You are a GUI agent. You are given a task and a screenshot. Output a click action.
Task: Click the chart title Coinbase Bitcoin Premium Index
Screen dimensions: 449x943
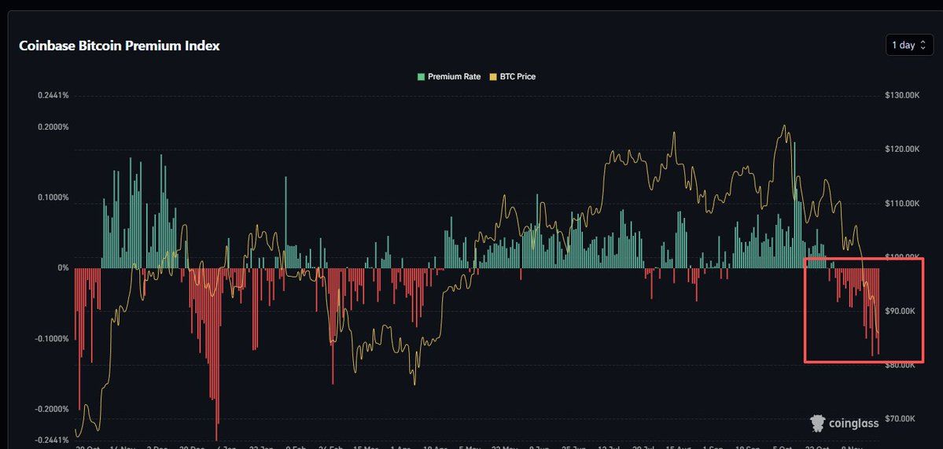point(119,46)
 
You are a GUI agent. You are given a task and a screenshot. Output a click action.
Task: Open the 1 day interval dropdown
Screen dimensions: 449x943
point(908,45)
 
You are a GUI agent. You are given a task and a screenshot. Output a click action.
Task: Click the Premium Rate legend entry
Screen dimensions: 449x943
point(449,77)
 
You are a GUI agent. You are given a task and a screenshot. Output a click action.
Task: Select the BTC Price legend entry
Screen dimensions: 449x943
point(513,77)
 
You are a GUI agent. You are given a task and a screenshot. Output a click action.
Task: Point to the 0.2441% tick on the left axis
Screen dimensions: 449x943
point(53,95)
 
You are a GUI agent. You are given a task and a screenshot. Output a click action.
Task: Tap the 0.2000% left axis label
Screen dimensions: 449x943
point(53,127)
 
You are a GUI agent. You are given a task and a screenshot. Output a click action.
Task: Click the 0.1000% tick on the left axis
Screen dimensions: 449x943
point(53,197)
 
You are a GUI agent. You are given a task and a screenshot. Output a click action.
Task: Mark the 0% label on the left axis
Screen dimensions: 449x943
point(63,268)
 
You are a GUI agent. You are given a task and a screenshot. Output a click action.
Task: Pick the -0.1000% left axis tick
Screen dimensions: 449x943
point(52,339)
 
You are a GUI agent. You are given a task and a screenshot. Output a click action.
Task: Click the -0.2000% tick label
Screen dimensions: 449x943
point(52,410)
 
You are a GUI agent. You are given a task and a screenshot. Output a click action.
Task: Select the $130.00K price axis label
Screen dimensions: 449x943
point(902,95)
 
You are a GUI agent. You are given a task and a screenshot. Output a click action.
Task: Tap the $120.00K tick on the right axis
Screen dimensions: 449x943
point(902,149)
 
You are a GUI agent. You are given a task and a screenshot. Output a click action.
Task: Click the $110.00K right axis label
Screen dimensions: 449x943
point(902,203)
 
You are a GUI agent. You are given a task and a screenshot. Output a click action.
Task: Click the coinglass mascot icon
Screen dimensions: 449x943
point(818,423)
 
